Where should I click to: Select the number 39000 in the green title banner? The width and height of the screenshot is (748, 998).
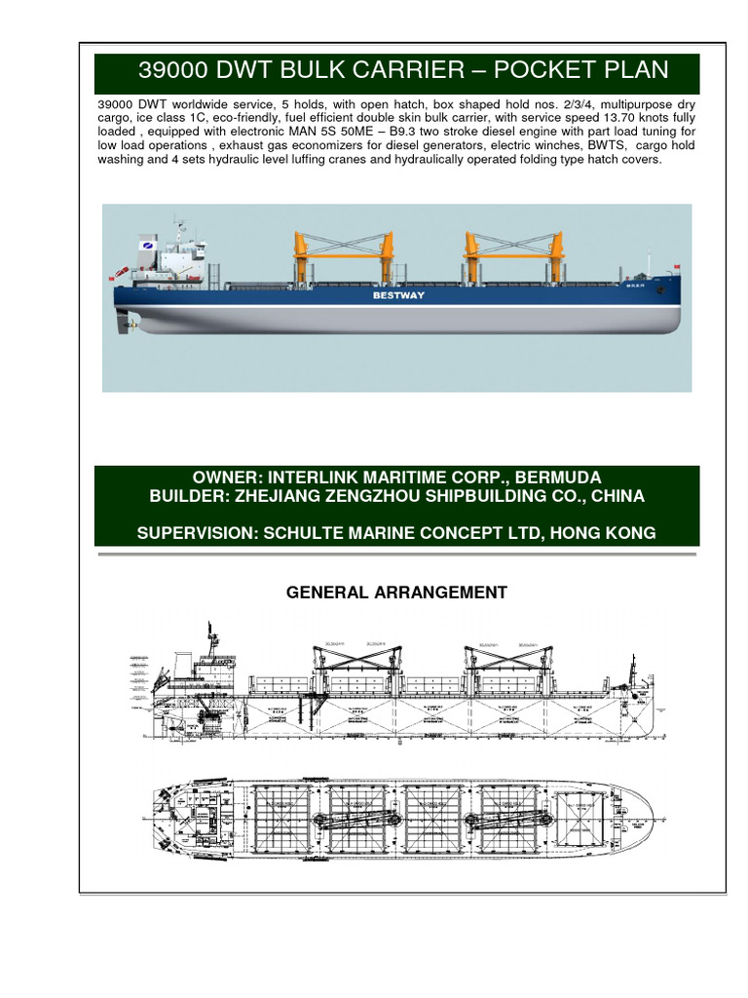click(175, 70)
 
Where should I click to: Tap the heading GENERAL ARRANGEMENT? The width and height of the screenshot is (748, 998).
click(396, 592)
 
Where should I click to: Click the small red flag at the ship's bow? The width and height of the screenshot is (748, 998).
click(675, 267)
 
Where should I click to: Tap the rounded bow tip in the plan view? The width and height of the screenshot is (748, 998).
click(652, 814)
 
